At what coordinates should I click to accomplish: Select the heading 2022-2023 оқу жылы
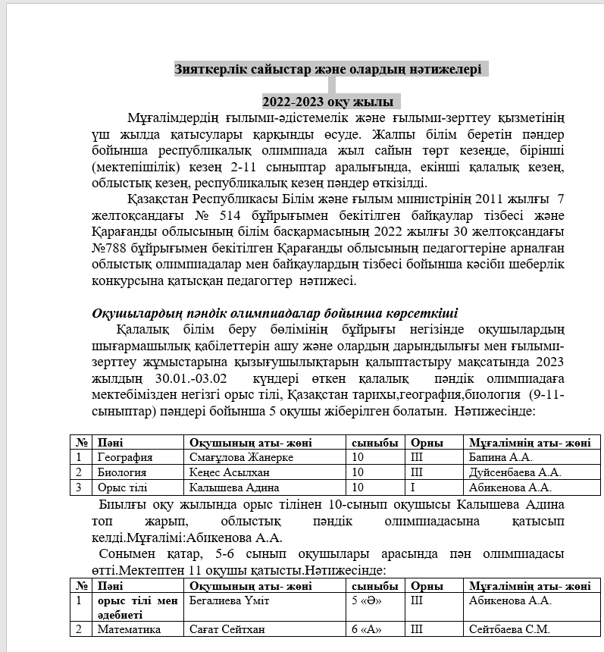click(x=327, y=102)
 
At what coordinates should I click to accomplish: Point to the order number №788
click(x=109, y=247)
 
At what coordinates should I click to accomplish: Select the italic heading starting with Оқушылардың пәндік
click(x=274, y=313)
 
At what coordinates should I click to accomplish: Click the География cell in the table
click(x=125, y=457)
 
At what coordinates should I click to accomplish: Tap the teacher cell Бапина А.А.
click(x=501, y=457)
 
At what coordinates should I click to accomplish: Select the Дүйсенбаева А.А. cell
click(x=515, y=472)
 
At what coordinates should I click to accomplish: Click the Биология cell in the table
click(x=121, y=472)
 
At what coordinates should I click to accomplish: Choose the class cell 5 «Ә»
click(x=366, y=601)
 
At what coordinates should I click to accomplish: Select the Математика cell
click(x=129, y=629)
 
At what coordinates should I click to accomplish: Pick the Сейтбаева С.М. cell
click(x=509, y=629)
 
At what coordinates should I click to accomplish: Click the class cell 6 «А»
click(x=366, y=629)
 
